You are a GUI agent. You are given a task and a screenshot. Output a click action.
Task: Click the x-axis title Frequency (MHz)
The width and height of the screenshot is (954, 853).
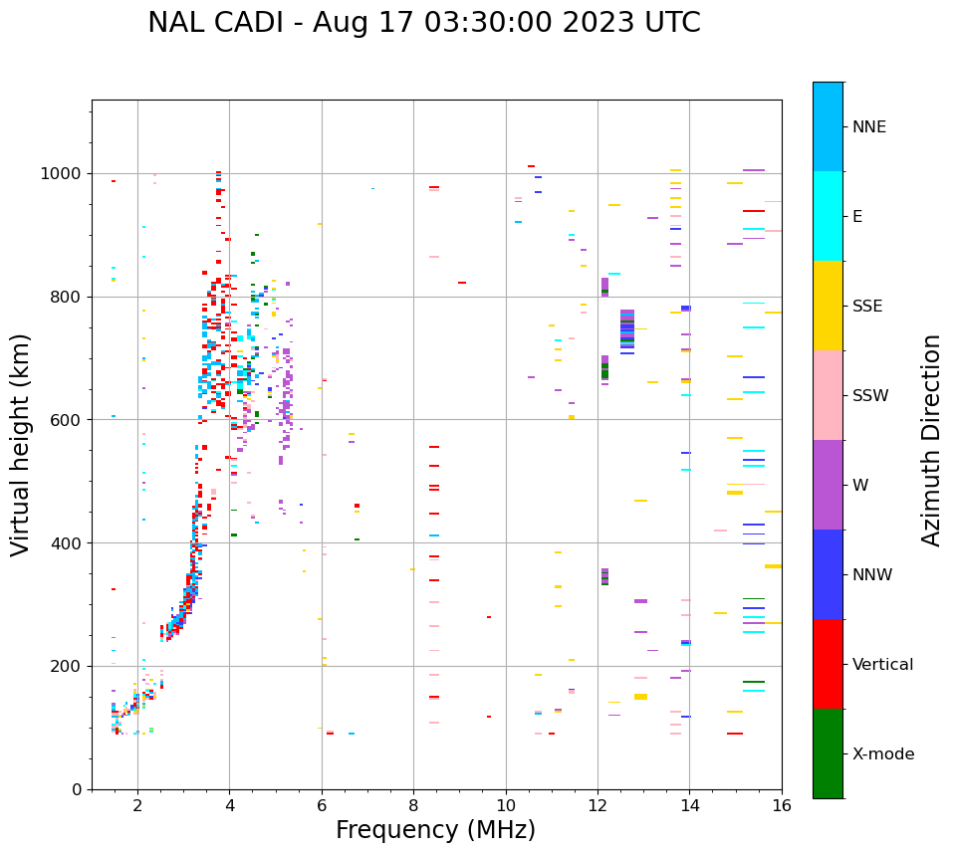coord(435,830)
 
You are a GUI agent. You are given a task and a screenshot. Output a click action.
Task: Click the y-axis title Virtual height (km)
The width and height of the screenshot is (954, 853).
coord(21,445)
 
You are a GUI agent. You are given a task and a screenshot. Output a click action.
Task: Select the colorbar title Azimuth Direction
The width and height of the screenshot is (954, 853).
coord(931,440)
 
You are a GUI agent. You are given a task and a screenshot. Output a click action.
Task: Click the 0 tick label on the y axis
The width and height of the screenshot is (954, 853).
coord(77,789)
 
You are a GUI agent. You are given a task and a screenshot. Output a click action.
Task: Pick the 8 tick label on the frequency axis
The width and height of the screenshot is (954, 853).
coord(413,806)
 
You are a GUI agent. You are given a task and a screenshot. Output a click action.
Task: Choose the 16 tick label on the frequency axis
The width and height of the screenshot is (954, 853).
coord(782,806)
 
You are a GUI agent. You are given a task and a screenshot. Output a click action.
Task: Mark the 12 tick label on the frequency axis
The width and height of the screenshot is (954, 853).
coord(597,806)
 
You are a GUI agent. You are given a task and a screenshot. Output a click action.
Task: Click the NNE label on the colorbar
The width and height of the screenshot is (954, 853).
coord(869,127)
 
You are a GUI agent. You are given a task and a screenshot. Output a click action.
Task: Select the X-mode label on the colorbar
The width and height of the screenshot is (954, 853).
coord(883,754)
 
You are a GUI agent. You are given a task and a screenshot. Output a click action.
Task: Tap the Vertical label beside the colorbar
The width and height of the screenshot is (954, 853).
coord(882,665)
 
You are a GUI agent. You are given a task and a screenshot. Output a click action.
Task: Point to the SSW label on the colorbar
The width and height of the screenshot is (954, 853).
coord(870,396)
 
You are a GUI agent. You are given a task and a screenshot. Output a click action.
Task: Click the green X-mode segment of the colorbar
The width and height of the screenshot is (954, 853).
coord(828,753)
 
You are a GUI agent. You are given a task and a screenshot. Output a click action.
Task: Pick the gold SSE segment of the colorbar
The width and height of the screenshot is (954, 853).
coord(828,306)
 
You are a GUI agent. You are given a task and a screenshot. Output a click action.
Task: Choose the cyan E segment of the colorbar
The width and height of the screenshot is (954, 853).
coord(828,216)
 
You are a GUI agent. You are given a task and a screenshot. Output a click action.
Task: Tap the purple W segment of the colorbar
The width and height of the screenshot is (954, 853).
coord(828,485)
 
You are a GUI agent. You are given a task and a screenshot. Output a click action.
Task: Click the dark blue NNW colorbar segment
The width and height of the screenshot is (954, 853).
coord(828,574)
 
